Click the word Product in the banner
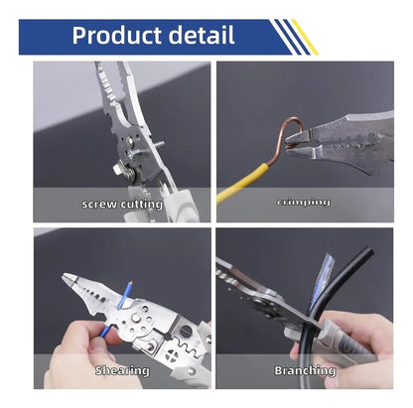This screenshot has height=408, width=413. (117, 36)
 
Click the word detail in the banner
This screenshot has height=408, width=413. (202, 35)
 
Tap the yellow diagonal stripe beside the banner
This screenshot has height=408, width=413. (305, 37)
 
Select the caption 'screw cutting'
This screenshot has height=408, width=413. (122, 204)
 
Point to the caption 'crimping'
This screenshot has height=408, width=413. (304, 202)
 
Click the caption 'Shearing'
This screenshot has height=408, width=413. (122, 370)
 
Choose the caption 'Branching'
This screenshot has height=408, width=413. (305, 370)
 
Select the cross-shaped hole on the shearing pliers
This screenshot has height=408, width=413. (172, 355)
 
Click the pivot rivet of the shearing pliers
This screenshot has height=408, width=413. (135, 318)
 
